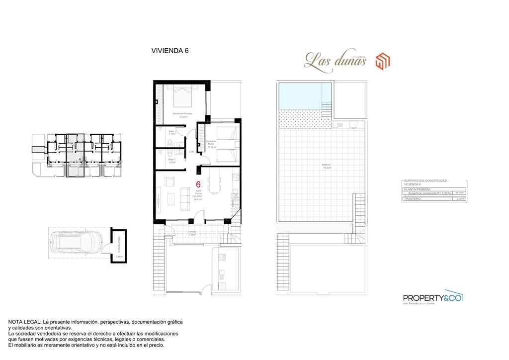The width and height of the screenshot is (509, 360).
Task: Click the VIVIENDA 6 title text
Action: pyautogui.click(x=170, y=50)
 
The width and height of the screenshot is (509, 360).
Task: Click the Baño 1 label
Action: pyautogui.click(x=172, y=132)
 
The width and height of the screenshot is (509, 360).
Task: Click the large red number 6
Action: pyautogui.click(x=198, y=184)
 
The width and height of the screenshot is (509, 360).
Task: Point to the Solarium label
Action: pyautogui.click(x=326, y=165)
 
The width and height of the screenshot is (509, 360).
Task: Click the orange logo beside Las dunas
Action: pyautogui.click(x=382, y=61)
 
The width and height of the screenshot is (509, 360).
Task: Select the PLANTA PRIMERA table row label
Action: pyautogui.click(x=417, y=189)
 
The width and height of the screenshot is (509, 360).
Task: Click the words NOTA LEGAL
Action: pyautogui.click(x=24, y=322)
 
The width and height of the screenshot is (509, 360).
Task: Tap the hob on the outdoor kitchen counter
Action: pyautogui.click(x=222, y=258)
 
